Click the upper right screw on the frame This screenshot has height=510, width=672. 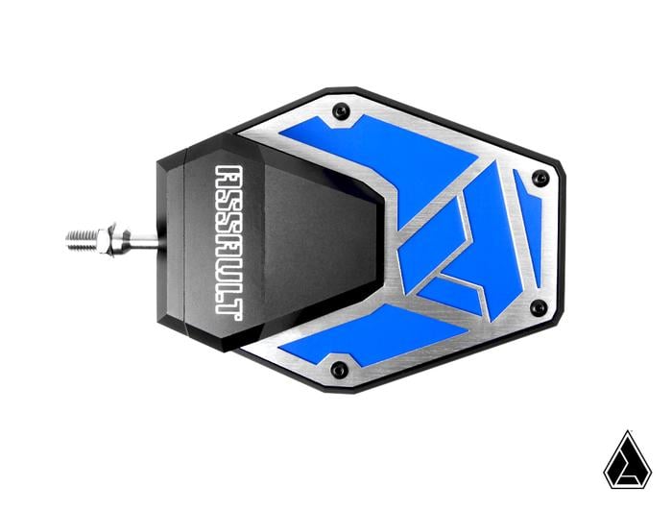540,178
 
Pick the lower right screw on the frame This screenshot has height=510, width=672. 539,308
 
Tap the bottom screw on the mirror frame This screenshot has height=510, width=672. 337,369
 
